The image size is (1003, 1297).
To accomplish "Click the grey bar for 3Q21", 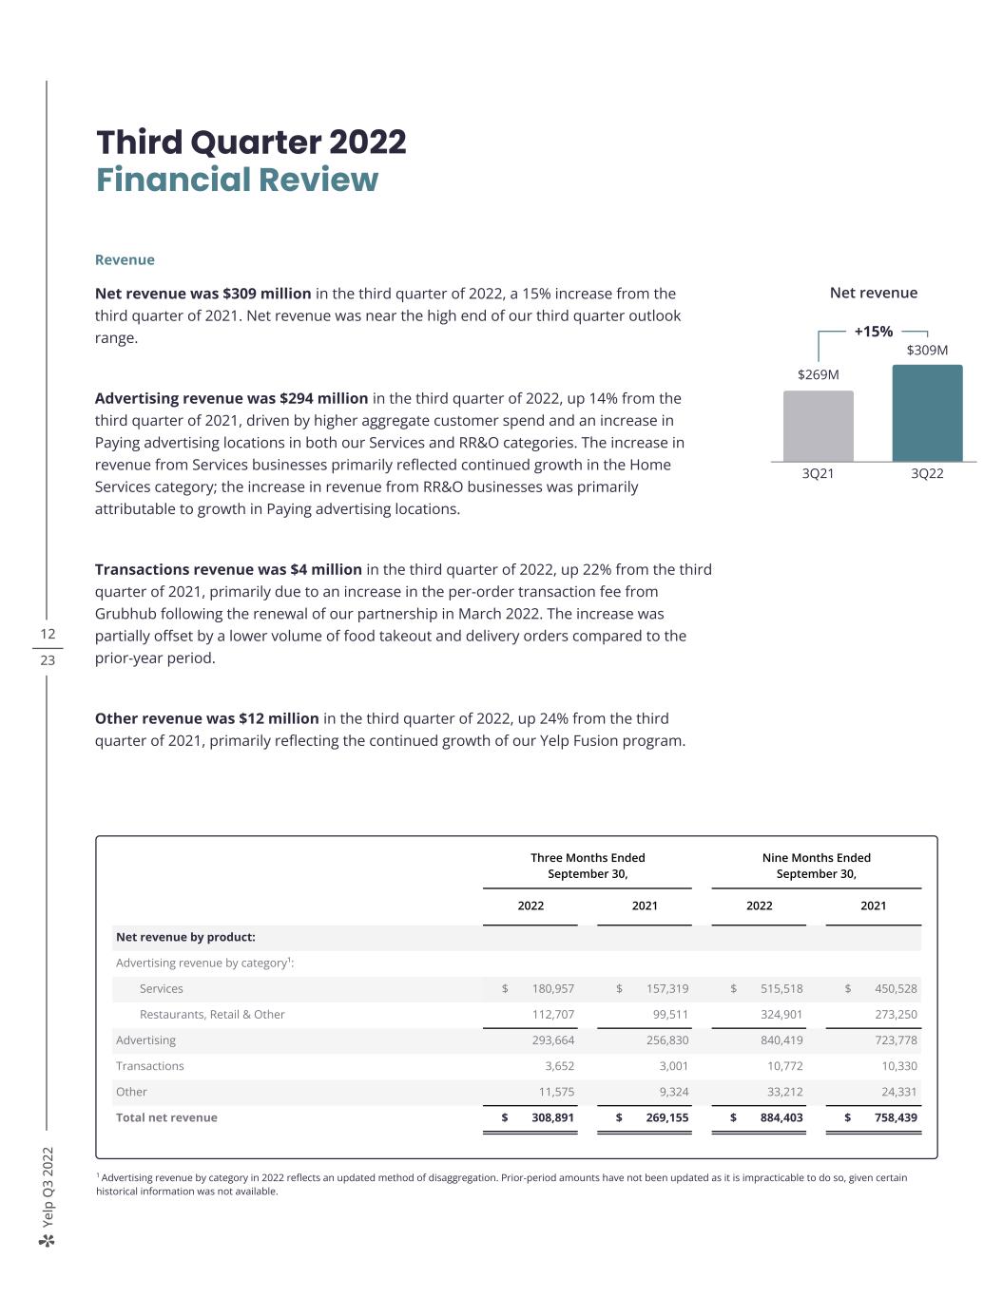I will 818,426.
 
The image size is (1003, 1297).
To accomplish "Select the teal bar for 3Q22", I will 927,413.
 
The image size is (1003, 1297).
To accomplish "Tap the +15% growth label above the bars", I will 873,332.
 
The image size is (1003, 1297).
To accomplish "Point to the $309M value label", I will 927,350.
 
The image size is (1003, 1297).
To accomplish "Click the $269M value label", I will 818,374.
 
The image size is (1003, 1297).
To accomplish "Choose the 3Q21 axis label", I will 818,473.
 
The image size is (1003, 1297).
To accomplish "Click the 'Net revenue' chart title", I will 873,293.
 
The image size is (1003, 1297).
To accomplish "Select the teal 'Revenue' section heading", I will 125,259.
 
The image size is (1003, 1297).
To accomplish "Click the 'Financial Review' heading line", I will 237,180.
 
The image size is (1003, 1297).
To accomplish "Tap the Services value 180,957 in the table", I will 552,988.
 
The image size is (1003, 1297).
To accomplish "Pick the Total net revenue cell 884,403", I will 781,1117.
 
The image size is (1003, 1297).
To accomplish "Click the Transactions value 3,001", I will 673,1066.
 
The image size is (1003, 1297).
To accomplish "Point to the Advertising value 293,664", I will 552,1040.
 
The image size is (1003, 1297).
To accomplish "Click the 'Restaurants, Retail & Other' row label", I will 212,1014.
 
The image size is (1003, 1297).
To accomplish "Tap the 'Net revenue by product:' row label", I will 185,937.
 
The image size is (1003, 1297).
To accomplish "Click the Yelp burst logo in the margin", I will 48,1240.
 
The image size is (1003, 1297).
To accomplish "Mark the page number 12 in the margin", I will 48,634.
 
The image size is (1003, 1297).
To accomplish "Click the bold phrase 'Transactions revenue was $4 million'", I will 228,569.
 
